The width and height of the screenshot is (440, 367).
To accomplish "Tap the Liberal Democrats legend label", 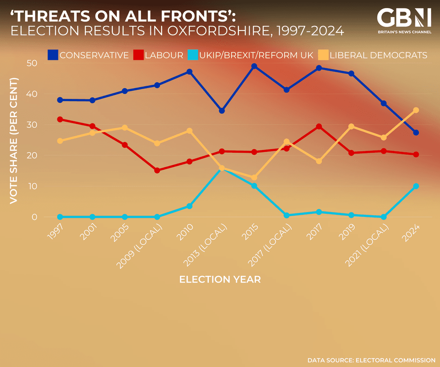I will point(378,55).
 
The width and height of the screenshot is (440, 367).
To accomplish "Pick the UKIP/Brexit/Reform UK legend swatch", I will point(193,55).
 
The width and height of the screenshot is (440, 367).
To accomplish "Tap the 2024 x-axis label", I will point(412,234).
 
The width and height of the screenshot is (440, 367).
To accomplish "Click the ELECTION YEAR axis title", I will point(220,279).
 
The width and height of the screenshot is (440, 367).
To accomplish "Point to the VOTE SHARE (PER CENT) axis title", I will point(14,140).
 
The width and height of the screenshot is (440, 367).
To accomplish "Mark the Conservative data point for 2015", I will point(254,66).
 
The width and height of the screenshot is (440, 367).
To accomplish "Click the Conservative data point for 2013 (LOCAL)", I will point(222,111).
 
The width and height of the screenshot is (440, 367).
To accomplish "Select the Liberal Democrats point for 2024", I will point(416,110).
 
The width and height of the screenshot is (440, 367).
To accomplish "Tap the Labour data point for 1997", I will point(60,119).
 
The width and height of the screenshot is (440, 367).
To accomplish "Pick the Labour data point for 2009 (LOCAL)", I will point(157,170).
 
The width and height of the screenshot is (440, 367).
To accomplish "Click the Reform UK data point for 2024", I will point(416,186).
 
